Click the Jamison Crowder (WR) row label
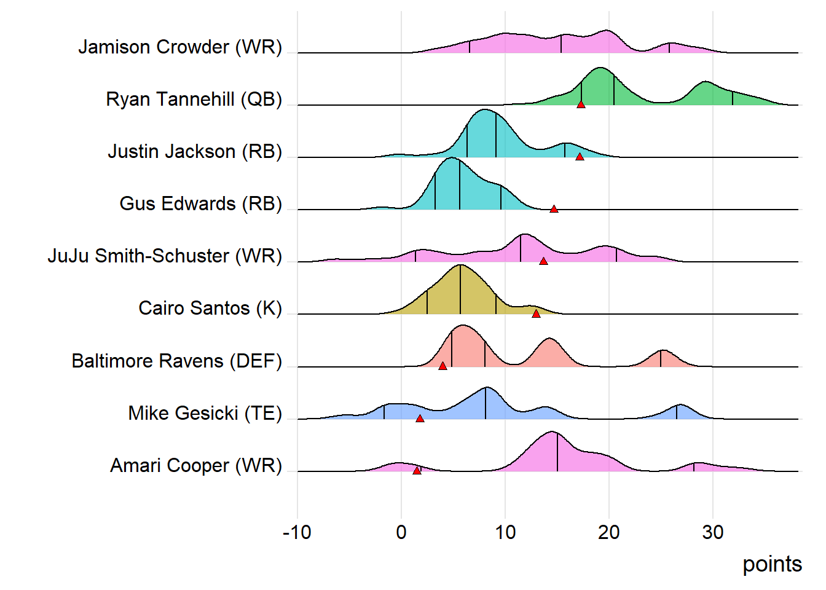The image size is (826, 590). pos(180,47)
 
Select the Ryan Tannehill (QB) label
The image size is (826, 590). pos(194,99)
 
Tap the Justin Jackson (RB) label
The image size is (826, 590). pos(195,151)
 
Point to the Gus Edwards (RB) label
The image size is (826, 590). pos(200,203)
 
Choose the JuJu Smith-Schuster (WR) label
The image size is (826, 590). pos(165,256)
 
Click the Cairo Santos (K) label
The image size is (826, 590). pos(210,308)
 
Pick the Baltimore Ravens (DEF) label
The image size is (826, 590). pos(176,361)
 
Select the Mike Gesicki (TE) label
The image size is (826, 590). pos(205,413)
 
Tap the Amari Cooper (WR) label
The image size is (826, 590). pos(195,465)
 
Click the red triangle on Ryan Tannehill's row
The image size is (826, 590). pos(581,104)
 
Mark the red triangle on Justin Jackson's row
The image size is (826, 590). pos(580,157)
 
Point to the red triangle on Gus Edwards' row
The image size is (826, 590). pos(554,210)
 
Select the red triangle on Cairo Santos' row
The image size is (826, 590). pos(536,313)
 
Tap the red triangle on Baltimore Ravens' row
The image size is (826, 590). pos(442,366)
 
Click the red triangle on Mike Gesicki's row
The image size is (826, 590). pos(420,419)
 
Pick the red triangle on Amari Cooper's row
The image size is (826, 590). pos(417,471)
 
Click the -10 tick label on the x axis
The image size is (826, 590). pos(297,532)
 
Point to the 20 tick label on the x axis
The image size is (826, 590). pos(608,532)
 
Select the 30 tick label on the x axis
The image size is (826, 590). pos(712,532)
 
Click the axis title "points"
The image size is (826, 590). pos(772,564)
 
